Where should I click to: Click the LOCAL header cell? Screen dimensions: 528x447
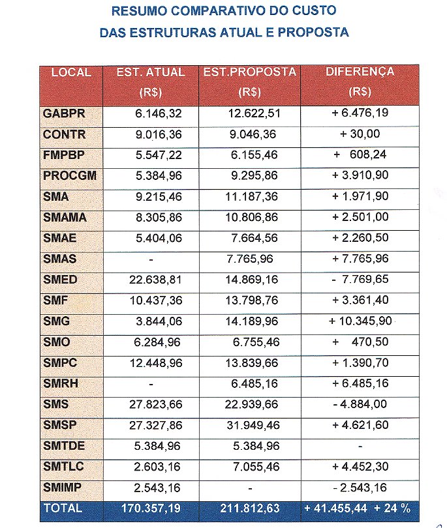point(71,72)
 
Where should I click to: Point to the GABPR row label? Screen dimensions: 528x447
point(64,113)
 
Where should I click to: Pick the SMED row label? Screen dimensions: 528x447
point(60,280)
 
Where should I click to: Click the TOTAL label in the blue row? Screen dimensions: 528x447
point(63,508)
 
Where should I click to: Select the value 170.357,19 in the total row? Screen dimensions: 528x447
point(151,508)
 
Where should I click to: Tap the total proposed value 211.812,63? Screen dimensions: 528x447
point(251,508)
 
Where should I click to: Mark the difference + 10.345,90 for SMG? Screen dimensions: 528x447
point(360,321)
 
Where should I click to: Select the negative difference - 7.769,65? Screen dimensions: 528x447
point(360,280)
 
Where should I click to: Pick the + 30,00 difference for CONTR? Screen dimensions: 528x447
point(360,134)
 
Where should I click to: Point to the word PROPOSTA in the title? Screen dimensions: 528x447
point(316,32)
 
